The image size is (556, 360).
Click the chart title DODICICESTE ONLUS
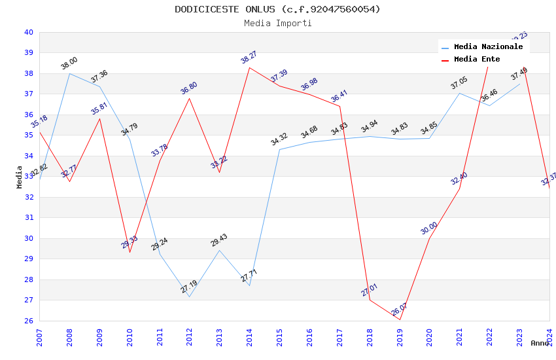click(x=277, y=9)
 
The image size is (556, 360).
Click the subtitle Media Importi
click(x=277, y=24)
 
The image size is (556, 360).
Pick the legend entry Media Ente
click(x=476, y=59)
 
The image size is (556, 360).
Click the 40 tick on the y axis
click(x=29, y=32)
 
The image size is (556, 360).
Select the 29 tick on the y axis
click(x=29, y=259)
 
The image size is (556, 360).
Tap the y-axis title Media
click(x=20, y=177)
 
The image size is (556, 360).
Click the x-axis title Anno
click(x=540, y=343)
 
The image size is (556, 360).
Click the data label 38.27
click(x=249, y=58)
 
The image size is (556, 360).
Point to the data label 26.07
click(x=399, y=309)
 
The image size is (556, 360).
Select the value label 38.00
click(x=69, y=63)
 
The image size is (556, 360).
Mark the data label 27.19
click(x=189, y=287)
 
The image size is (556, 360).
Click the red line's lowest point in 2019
click(x=400, y=319)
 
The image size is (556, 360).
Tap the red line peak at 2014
click(x=249, y=67)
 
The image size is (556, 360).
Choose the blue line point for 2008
click(x=70, y=73)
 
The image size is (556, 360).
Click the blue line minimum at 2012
click(x=189, y=297)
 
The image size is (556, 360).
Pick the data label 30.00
click(x=429, y=228)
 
